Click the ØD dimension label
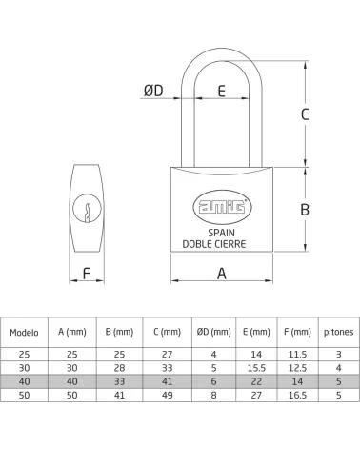(153, 91)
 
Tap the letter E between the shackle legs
(222, 91)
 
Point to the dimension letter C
(305, 114)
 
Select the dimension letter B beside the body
(305, 210)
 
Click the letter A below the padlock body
(222, 274)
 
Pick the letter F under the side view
(87, 274)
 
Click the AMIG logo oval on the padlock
(222, 207)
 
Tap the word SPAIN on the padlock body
(221, 233)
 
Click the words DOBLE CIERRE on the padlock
(214, 244)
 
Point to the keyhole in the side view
(87, 209)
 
